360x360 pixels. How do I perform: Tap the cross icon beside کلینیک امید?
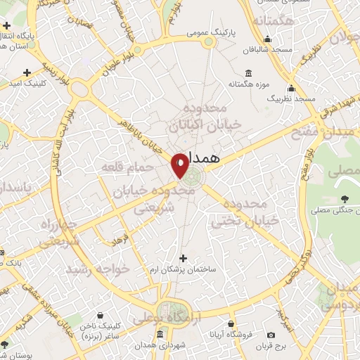(x=27, y=72)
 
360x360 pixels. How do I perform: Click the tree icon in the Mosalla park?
(x=345, y=181)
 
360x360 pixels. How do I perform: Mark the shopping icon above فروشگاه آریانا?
(x=231, y=324)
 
